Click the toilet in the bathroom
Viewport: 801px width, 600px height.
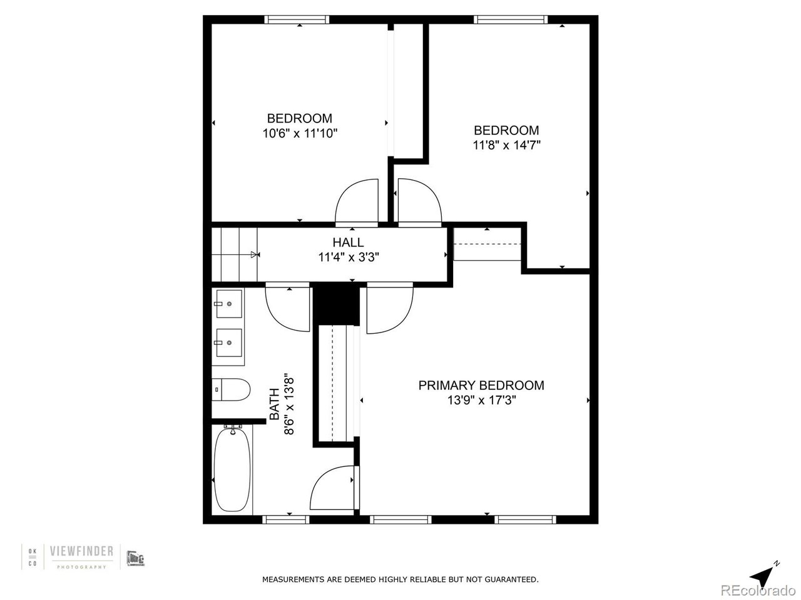[231, 389]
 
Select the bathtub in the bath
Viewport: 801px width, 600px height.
[232, 470]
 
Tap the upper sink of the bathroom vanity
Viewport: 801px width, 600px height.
[229, 304]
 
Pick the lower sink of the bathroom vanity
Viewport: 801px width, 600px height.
[229, 342]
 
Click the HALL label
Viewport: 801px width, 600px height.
[348, 242]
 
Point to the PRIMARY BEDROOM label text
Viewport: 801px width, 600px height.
[481, 386]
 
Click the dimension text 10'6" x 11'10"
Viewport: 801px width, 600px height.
[300, 134]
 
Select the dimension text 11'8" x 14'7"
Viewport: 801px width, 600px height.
[506, 146]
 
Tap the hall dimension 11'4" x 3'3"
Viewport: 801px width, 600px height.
[349, 257]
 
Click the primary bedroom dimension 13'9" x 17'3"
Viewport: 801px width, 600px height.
[481, 401]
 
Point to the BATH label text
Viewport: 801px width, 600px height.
[275, 404]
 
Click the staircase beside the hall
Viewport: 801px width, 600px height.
[235, 254]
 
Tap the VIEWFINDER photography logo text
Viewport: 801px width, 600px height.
[81, 551]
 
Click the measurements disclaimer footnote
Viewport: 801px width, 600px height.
[400, 579]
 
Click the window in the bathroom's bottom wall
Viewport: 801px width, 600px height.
[286, 519]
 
